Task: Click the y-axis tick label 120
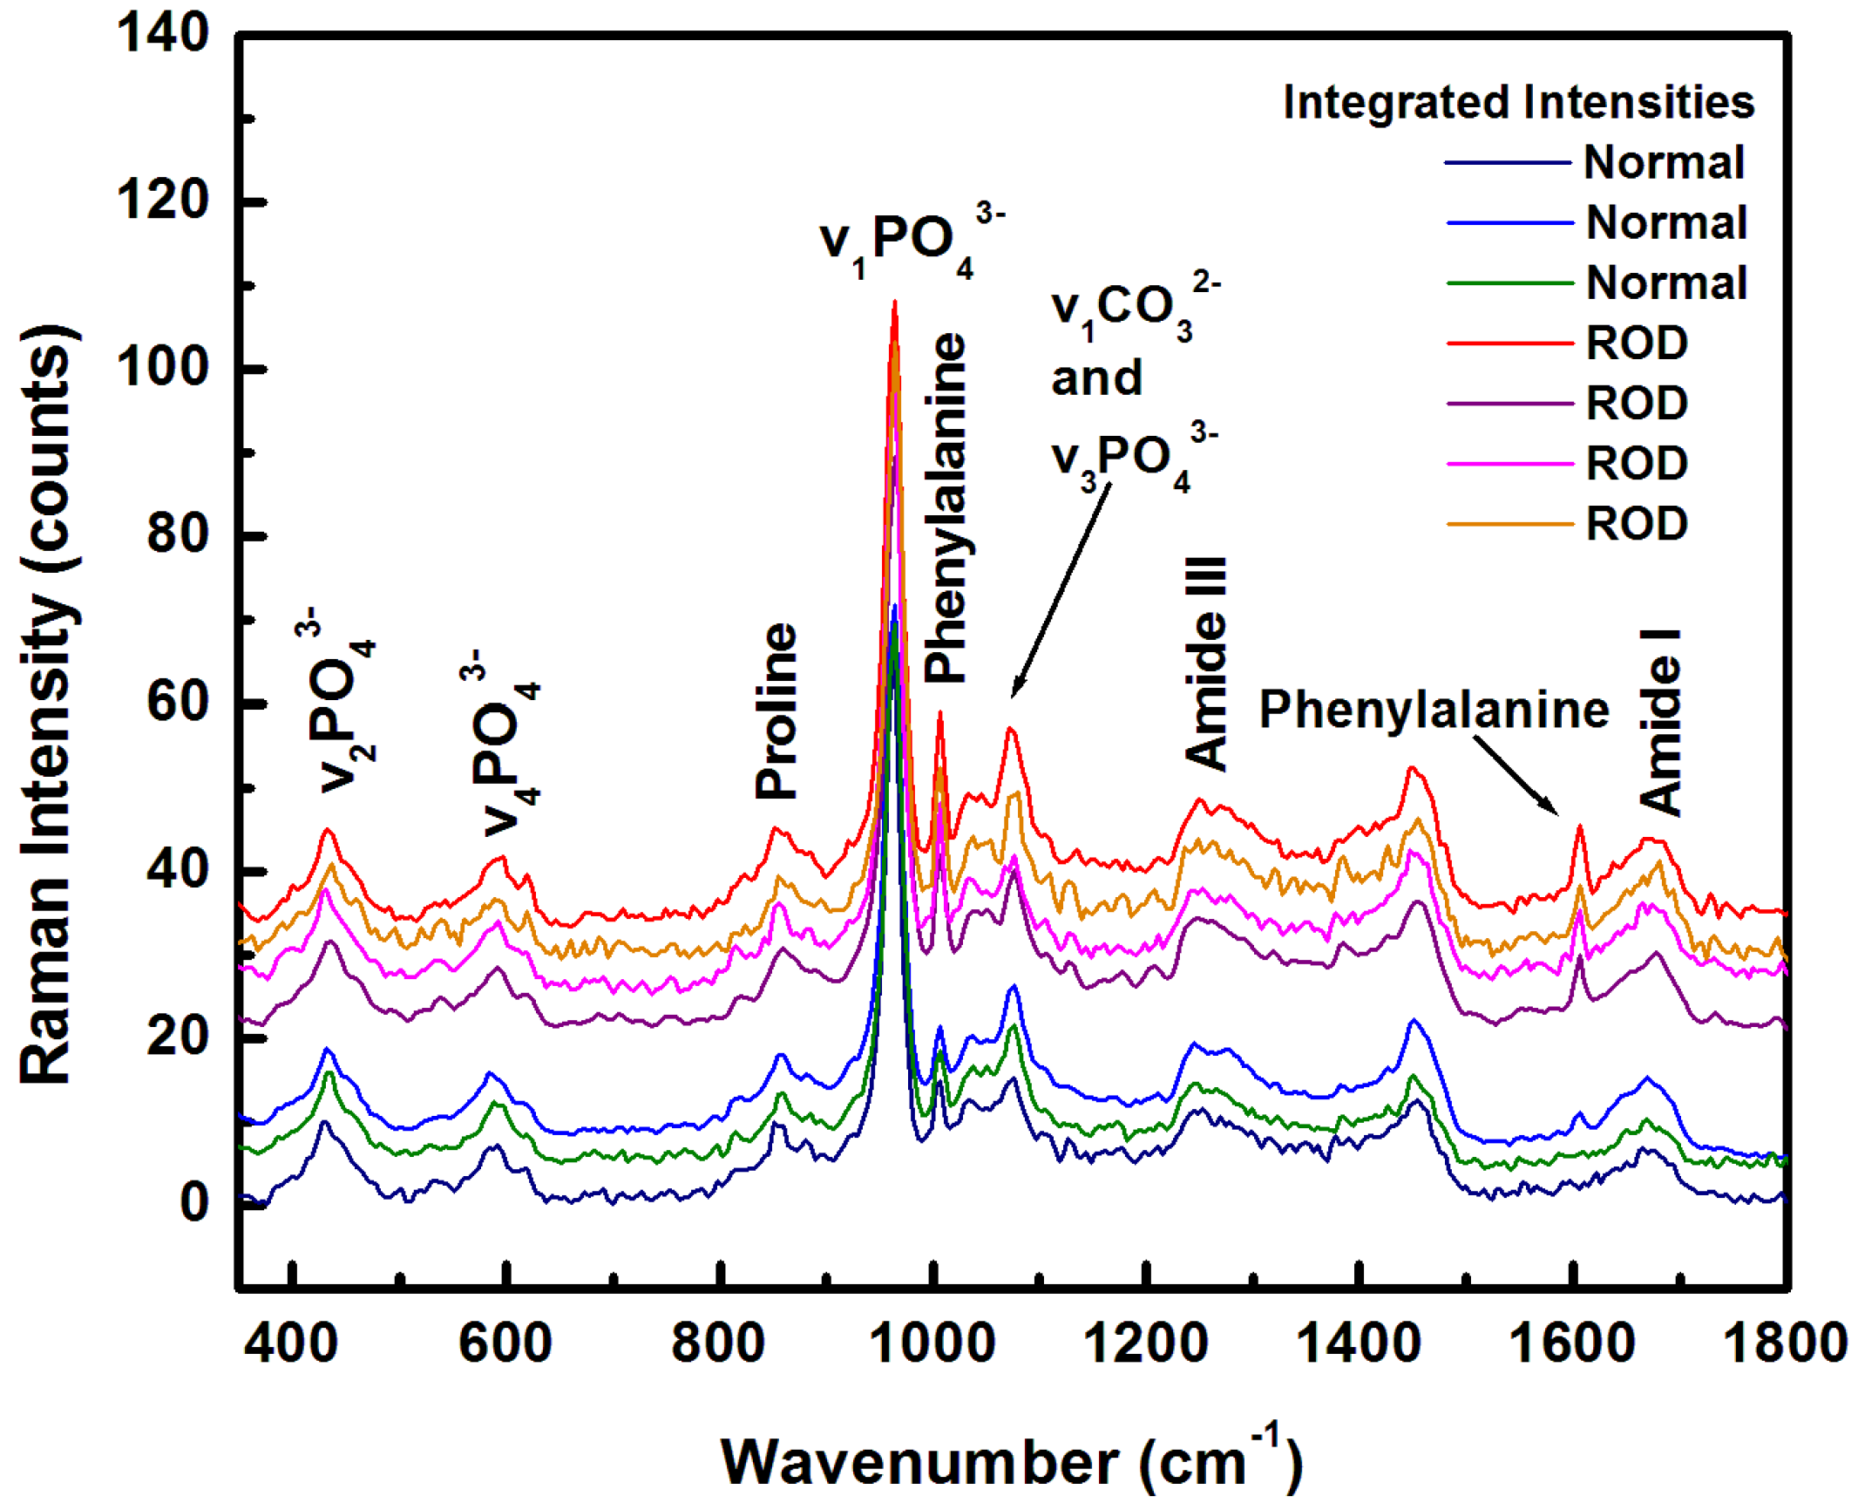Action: click(162, 201)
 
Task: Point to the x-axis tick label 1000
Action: click(932, 1343)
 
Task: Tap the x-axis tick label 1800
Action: click(1785, 1343)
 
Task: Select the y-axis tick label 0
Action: click(193, 1201)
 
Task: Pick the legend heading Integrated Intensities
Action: click(1518, 102)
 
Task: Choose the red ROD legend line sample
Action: click(1509, 343)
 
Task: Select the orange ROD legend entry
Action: click(1636, 524)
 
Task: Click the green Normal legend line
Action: click(1509, 283)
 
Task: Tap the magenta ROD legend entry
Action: click(1636, 463)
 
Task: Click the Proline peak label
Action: click(776, 711)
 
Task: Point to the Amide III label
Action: click(1207, 663)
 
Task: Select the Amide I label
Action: click(1660, 722)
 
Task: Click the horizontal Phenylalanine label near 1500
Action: click(1434, 709)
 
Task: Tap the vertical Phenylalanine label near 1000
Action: click(946, 507)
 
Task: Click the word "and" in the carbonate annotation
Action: click(1096, 377)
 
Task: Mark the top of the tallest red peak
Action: click(894, 303)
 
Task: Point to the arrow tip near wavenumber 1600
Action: click(1556, 813)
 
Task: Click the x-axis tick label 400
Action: click(291, 1343)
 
